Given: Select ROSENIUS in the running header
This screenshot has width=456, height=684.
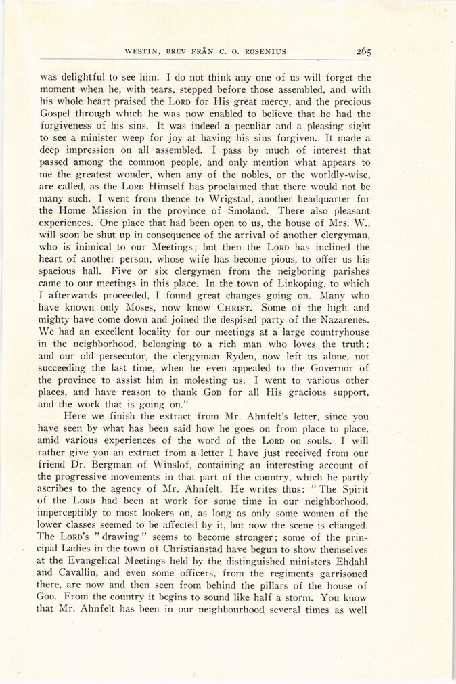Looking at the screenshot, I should pos(267,51).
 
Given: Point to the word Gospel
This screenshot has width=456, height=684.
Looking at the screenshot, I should pos(58,114).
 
